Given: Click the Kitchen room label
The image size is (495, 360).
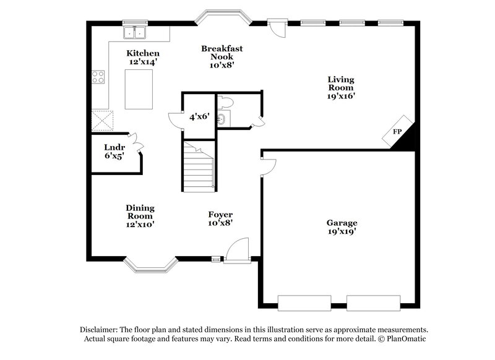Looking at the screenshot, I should [x=143, y=53].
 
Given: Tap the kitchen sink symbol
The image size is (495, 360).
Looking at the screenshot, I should [x=134, y=32].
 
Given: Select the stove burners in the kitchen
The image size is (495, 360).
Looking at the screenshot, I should [x=98, y=77].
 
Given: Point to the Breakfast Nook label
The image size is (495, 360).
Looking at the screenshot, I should [x=221, y=48].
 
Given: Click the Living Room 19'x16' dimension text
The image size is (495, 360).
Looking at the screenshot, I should [x=341, y=96].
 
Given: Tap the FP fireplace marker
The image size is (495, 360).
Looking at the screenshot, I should [x=397, y=132].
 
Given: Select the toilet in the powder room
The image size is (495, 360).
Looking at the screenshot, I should [x=227, y=102].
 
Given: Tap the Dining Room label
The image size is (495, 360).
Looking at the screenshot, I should [x=140, y=212].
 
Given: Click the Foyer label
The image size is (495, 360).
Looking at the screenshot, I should [x=220, y=215].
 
